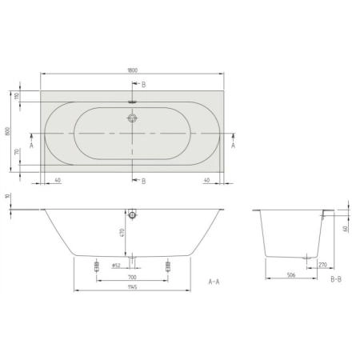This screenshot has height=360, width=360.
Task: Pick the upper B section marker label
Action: click(x=143, y=84)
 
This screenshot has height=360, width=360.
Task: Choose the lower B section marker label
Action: click(x=143, y=182)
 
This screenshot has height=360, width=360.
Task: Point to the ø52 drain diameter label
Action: click(x=116, y=265)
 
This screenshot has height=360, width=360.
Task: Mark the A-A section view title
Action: click(x=214, y=282)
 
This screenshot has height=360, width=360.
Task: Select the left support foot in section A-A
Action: click(x=96, y=266)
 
